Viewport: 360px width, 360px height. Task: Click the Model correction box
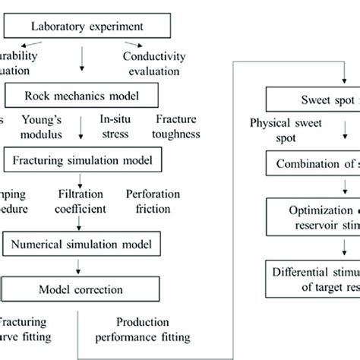pyautogui.click(x=79, y=289)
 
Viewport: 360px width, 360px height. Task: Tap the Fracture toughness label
pyautogui.click(x=178, y=127)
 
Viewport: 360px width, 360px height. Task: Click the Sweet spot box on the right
pyautogui.click(x=311, y=99)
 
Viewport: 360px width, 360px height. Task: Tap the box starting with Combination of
pyautogui.click(x=311, y=163)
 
